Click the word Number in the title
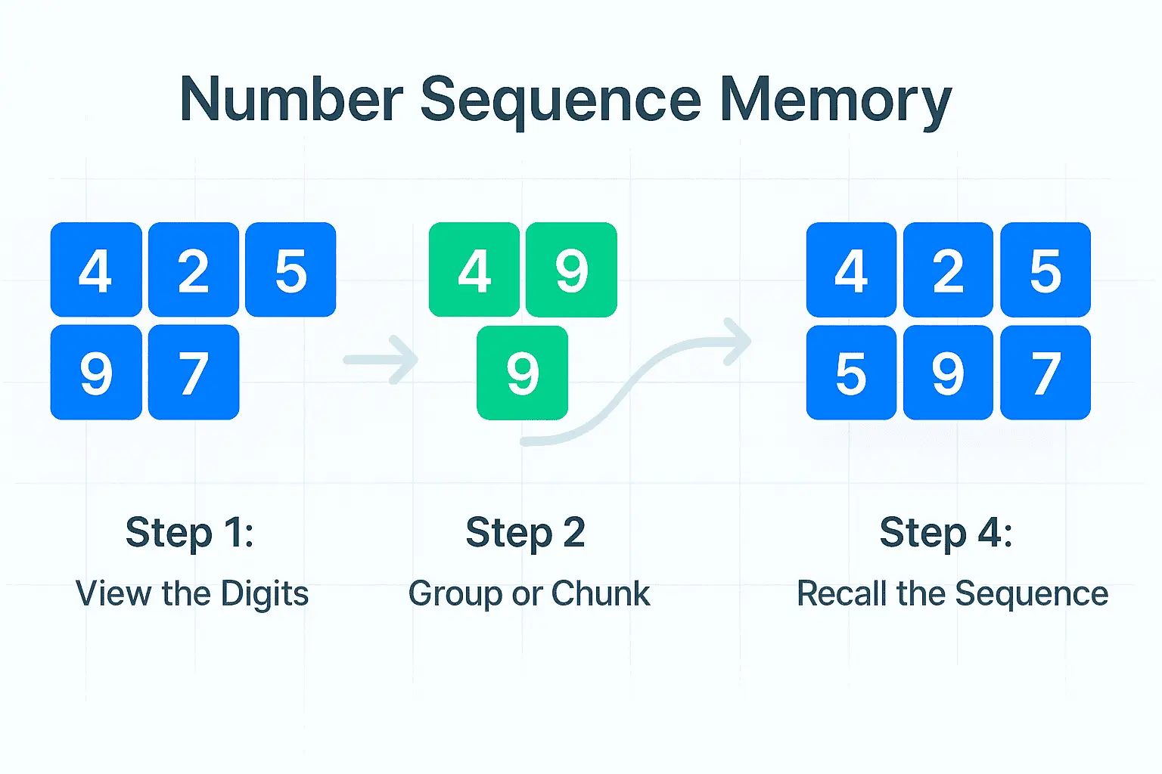(291, 100)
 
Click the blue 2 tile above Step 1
(194, 270)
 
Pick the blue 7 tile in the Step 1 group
(194, 373)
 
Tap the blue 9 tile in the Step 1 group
(96, 373)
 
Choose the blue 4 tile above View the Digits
(96, 270)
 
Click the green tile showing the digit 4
(474, 270)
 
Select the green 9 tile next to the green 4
(571, 270)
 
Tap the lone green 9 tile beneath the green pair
(522, 373)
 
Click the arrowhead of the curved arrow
(738, 341)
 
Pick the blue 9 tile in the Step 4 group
(948, 373)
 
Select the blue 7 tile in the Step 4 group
(1045, 373)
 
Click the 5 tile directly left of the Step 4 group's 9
(851, 373)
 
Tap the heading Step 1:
(189, 532)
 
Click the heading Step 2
(525, 532)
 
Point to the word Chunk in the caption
(600, 594)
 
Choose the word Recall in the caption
(842, 594)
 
